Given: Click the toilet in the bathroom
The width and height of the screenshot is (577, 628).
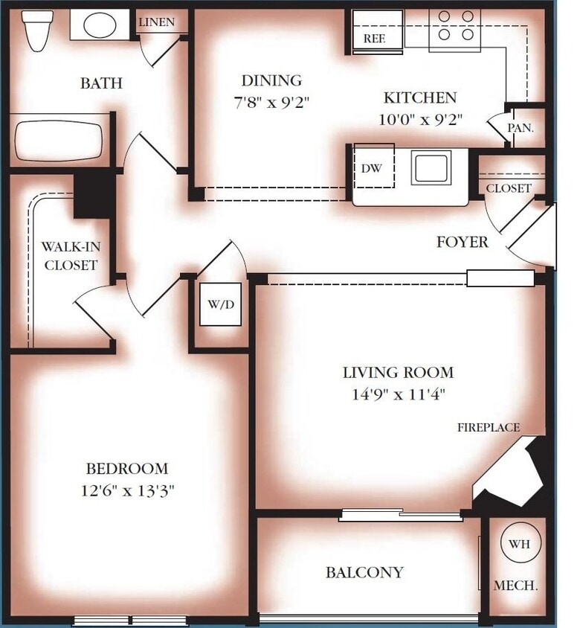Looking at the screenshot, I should pos(35,30).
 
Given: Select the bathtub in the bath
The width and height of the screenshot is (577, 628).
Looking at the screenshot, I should pos(58,139).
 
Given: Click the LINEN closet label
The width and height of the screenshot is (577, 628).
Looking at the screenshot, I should pos(156,22).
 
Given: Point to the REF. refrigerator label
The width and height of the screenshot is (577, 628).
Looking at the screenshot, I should pos(373,39).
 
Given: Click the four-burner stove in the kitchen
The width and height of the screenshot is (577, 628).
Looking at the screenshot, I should pos(454,26).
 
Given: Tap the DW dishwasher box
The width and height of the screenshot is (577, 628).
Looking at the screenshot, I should pos(372,168).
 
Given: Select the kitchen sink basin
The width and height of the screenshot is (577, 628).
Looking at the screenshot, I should pos(432,167).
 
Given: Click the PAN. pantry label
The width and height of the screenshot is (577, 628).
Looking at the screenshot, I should pos(520,127).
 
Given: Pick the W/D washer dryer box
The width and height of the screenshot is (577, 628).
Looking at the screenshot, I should pos(221,304).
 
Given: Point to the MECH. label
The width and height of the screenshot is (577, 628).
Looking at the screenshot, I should pos(515,586).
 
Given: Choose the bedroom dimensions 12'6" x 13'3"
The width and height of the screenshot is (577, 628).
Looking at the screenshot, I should pos(127,490).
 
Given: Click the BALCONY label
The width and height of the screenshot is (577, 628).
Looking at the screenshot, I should pos(364,572).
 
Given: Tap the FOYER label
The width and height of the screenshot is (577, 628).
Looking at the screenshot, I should pos(462,242).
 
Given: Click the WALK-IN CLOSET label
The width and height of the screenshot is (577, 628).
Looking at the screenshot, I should pos(69,255).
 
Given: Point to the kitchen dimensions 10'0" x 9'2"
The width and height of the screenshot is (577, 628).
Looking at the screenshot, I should pos(419,119).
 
